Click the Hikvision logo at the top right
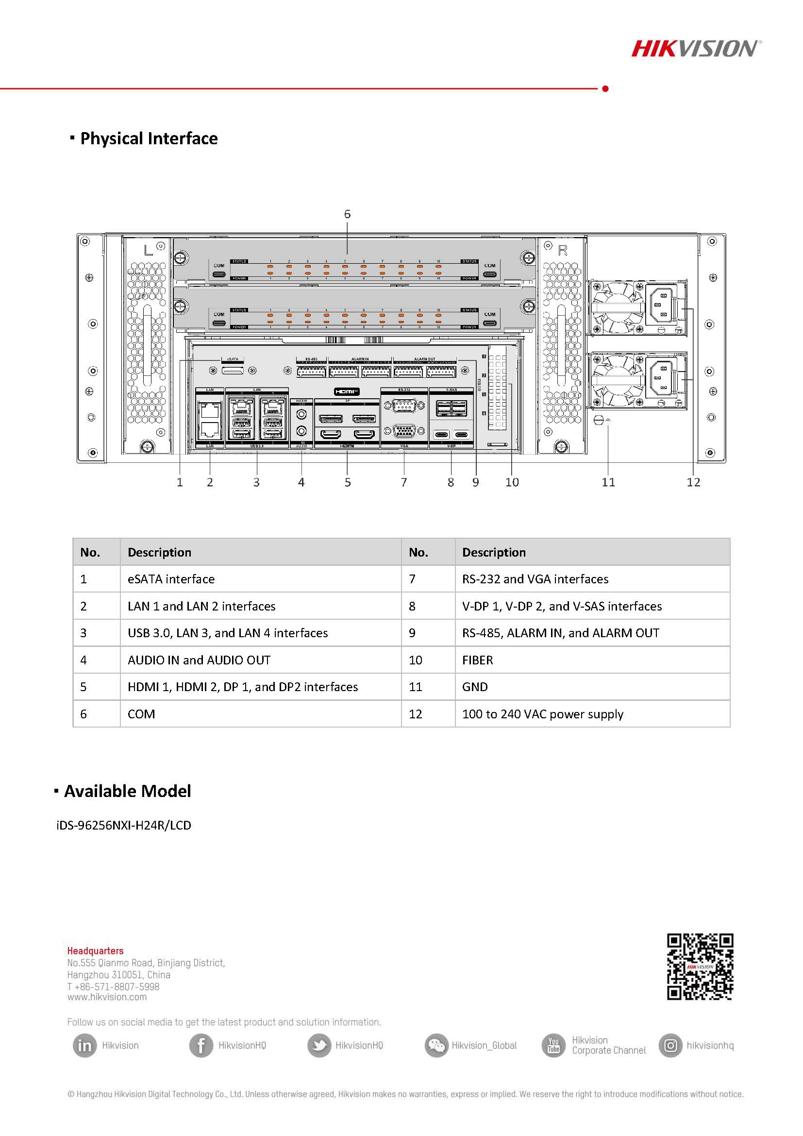695,49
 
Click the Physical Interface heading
149,138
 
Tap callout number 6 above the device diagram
347,214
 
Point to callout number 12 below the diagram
693,482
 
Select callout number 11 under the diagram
608,482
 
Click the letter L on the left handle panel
148,250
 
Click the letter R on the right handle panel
563,251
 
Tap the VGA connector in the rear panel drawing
404,431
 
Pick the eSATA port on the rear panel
233,370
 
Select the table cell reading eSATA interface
171,579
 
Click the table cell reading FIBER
477,660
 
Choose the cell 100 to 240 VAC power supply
542,714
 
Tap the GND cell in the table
475,687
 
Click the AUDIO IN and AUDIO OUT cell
199,660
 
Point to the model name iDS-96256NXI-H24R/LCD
124,825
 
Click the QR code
700,966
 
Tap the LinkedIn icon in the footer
84,1046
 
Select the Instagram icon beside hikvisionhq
670,1046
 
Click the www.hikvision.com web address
107,997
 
